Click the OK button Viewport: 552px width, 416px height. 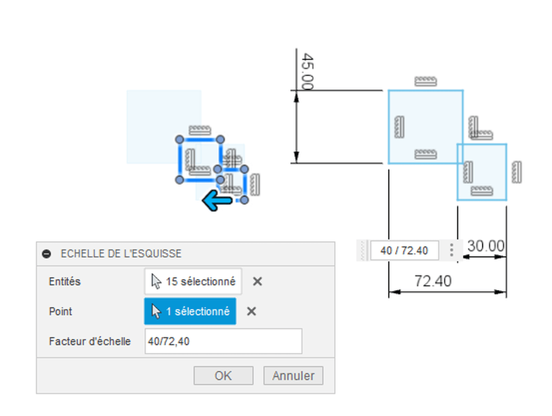(223, 376)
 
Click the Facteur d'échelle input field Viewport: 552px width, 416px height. (223, 341)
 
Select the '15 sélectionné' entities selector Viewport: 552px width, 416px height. (193, 281)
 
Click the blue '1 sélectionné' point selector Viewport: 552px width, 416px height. (190, 311)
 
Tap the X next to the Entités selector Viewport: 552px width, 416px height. (257, 281)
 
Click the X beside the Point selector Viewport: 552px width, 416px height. (251, 311)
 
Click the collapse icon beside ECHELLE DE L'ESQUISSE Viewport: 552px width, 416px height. (46, 254)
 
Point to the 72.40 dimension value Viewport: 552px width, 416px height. (433, 281)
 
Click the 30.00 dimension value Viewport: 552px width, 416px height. (486, 246)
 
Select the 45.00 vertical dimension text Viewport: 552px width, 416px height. (307, 72)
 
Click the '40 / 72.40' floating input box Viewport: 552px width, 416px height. (404, 251)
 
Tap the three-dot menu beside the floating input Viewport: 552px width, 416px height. (451, 250)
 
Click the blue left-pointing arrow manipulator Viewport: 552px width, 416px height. (217, 200)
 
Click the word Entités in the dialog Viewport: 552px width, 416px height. (65, 282)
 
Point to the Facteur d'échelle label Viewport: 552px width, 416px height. (90, 341)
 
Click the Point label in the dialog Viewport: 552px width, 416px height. (60, 311)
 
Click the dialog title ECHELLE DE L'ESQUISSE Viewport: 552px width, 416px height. (121, 254)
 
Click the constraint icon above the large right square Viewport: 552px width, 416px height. (426, 81)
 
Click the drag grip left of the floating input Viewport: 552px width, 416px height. (363, 251)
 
